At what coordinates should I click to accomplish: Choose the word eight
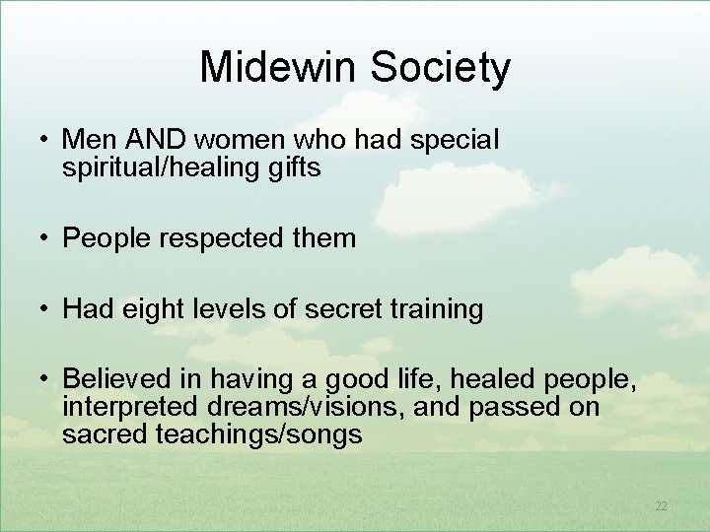(x=153, y=310)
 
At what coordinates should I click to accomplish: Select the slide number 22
(x=662, y=506)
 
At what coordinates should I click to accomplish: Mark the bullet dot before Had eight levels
(x=45, y=310)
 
